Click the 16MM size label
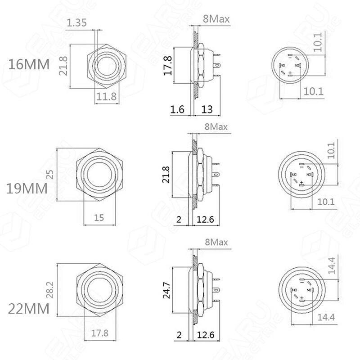coord(29,64)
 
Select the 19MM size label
coord(27,188)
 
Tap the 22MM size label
coord(28,309)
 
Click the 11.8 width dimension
coord(107,95)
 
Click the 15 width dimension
coord(99,217)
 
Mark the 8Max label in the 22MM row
coord(216,242)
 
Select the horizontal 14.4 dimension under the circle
coord(326,317)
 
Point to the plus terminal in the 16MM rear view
coord(290,72)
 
